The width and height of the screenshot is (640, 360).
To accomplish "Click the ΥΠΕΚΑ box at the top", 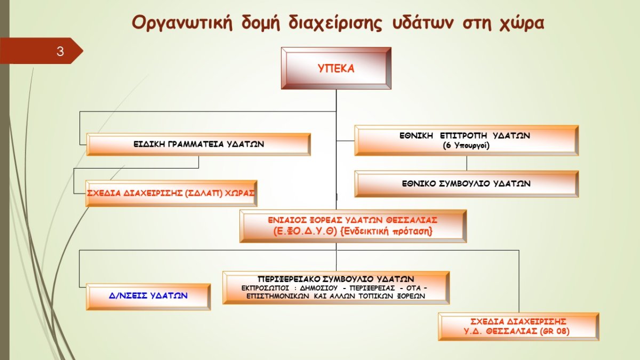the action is [336, 68].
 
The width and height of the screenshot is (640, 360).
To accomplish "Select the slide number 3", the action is [60, 51].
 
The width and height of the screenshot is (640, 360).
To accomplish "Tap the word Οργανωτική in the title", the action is [182, 23].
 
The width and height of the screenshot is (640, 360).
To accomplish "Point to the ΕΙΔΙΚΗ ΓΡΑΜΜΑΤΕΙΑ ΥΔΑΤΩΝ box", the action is [198, 145].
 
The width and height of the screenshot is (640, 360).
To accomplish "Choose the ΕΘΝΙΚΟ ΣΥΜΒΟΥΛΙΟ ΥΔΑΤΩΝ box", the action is [467, 184].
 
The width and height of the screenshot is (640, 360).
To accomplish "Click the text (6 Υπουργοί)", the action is [466, 146].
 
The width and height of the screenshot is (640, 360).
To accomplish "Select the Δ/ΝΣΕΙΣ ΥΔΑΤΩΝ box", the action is [148, 297].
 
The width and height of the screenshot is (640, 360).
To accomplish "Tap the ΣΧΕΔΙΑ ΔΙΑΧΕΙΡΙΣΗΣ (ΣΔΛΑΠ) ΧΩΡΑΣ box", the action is [171, 194].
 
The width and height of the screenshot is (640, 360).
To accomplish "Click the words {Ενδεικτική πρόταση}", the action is [387, 231].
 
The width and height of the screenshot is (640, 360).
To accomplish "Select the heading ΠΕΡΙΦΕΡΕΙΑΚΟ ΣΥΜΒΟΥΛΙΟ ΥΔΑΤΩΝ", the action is [335, 279].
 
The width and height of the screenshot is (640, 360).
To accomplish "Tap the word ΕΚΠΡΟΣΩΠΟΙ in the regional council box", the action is [265, 288].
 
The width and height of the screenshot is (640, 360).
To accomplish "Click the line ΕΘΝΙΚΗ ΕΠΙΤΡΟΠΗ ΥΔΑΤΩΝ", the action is [465, 135].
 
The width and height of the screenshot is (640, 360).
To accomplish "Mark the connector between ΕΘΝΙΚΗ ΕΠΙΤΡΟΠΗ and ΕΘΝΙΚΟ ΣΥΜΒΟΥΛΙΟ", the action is [467, 163].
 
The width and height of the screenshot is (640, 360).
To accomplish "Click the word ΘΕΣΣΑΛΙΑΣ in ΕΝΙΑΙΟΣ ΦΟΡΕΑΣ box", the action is [412, 220].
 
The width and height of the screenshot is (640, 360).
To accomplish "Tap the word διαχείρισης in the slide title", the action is [335, 23].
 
